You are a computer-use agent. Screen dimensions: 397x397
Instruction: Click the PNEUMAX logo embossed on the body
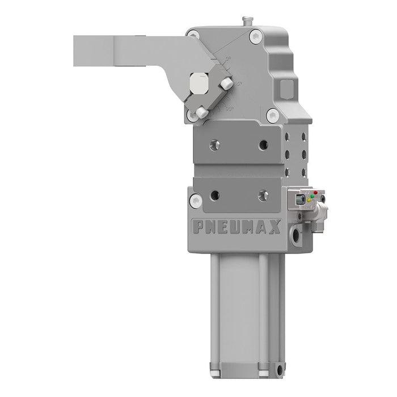pos(236,227)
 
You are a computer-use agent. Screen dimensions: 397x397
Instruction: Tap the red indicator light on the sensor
pos(315,193)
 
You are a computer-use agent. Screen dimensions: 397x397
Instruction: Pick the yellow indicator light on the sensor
pos(309,200)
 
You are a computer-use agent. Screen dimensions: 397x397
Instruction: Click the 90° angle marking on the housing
pos(229,107)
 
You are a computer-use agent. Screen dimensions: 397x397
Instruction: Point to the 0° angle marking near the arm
pos(228,58)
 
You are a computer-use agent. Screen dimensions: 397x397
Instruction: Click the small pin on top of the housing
pos(246,21)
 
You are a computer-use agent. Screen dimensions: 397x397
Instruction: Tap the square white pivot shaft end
pos(198,83)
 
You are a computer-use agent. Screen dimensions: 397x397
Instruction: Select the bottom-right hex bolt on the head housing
pos(273,115)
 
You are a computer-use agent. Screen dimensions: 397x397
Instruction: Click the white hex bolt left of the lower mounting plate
pos(196,200)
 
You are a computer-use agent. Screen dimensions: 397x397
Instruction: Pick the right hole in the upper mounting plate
pos(263,145)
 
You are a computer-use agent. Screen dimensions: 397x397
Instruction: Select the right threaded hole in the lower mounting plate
pos(263,196)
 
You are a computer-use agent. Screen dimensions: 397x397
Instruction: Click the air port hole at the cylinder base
pos(278,371)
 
